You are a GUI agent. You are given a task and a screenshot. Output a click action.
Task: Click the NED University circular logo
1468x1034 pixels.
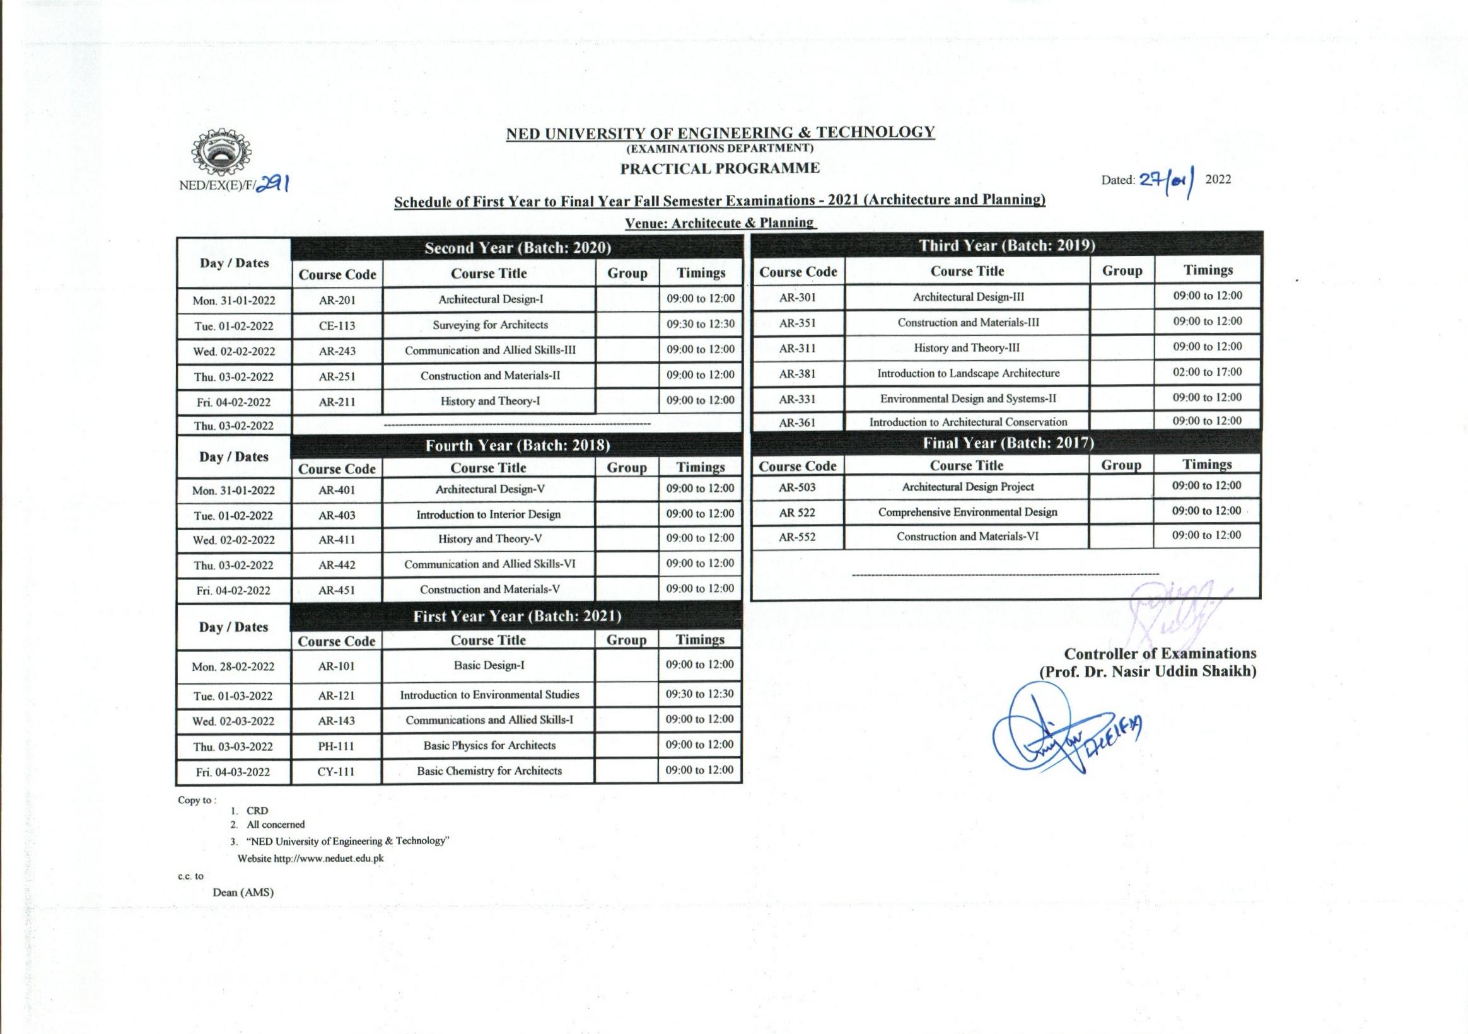[x=221, y=153]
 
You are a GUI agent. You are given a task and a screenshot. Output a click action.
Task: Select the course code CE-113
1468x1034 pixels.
[x=337, y=325]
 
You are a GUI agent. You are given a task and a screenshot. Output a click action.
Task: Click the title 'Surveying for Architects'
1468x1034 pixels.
[x=490, y=325]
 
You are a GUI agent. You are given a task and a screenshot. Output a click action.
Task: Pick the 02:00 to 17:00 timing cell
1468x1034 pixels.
[x=1206, y=372]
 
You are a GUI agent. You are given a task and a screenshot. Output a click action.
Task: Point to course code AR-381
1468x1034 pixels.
[x=797, y=374]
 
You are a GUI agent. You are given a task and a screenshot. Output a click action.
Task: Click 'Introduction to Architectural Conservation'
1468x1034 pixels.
[x=967, y=422]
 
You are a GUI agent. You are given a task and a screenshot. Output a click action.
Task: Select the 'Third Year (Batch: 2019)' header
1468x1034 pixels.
[x=1006, y=245]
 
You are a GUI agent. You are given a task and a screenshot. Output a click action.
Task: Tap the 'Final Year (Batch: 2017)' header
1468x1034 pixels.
[x=1008, y=443]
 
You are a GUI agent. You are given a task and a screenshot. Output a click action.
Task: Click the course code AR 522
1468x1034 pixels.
[x=797, y=513]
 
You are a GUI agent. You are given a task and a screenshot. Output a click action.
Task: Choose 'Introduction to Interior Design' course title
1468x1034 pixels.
[x=489, y=514]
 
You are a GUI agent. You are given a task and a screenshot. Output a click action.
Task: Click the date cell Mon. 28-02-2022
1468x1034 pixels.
[x=233, y=667]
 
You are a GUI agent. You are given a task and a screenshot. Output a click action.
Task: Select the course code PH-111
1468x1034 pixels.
[x=336, y=746]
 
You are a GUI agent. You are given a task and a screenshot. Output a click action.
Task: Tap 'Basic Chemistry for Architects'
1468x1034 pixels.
[x=489, y=771]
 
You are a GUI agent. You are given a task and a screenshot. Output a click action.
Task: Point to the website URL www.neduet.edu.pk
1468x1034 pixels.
[x=329, y=859]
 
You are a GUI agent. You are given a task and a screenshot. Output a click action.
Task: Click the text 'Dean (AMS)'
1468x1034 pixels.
[x=243, y=892]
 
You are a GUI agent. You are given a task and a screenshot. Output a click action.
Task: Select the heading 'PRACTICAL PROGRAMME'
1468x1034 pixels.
[x=720, y=169]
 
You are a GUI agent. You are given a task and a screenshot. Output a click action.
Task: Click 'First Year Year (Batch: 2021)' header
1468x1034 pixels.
[x=516, y=617]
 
